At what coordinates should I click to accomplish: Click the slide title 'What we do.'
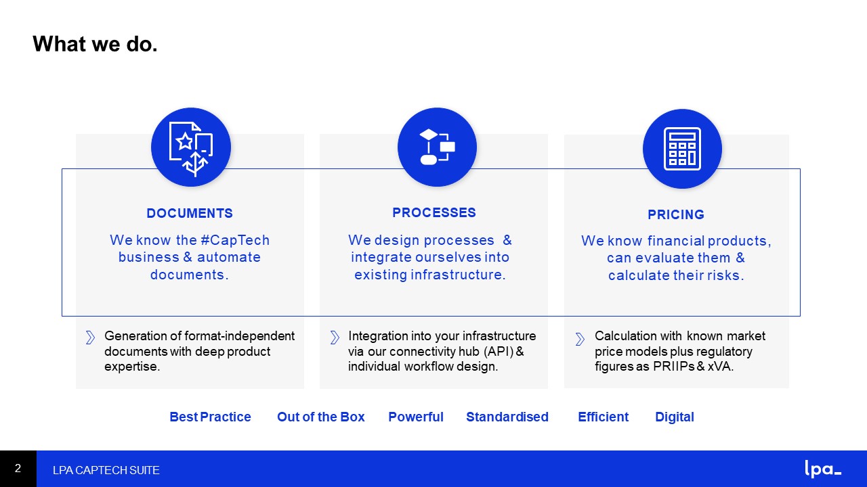tap(95, 44)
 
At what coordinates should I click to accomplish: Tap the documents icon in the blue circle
tap(191, 149)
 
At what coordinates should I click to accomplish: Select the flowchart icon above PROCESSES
tap(438, 147)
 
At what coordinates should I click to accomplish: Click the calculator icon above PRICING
tap(682, 149)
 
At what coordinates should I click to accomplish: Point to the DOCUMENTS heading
tap(190, 213)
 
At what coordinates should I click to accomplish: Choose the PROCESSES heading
tap(434, 212)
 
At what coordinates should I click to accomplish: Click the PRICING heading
tap(676, 214)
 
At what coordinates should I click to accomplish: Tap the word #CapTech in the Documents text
tap(235, 240)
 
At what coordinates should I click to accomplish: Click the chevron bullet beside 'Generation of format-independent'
tap(90, 338)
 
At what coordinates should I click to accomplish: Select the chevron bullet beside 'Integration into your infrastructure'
tap(335, 338)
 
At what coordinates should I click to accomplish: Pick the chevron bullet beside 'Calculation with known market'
tap(580, 339)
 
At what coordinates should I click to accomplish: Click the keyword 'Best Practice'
tap(210, 417)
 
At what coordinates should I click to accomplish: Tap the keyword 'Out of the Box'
tap(321, 417)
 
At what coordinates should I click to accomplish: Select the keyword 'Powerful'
tap(416, 417)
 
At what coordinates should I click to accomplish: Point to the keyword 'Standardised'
tap(507, 417)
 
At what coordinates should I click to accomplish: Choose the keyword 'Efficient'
tap(603, 417)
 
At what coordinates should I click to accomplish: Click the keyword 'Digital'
tap(674, 417)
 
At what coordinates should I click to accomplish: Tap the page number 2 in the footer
tap(18, 469)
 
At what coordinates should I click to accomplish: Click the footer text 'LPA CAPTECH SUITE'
tap(106, 470)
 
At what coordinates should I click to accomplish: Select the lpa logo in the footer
tap(823, 469)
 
